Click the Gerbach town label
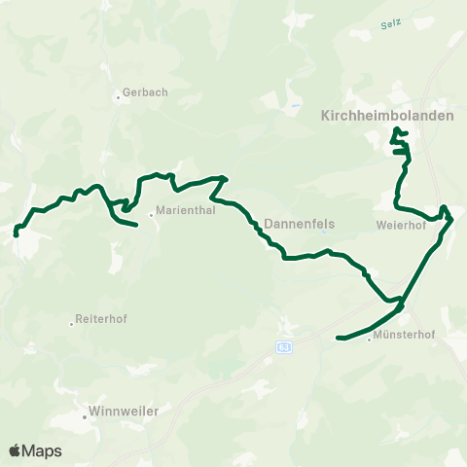146,93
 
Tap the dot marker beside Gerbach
118,94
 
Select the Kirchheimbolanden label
386,114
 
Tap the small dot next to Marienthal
151,215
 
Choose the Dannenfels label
299,224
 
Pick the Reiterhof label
102,320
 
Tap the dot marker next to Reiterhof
72,322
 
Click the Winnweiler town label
124,411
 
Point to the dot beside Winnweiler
85,416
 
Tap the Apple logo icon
15,450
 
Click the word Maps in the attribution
42,450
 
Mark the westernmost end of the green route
17,233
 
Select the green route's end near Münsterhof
338,338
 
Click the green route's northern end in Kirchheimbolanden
394,129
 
